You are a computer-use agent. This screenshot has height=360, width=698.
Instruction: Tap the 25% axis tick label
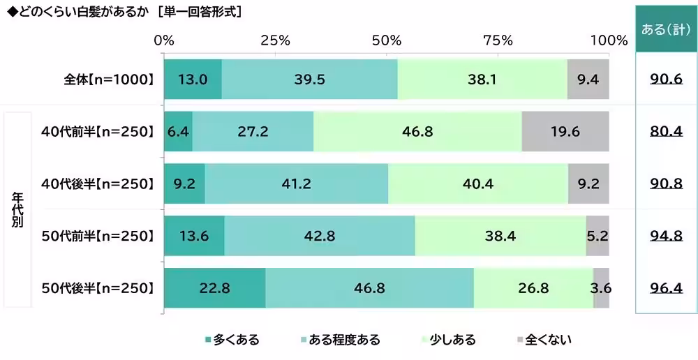[x=275, y=40]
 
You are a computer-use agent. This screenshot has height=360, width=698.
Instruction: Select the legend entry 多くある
[x=232, y=340]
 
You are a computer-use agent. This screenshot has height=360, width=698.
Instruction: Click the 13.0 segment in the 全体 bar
[x=193, y=80]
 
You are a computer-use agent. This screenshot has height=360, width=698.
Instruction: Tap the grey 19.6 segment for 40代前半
[x=565, y=132]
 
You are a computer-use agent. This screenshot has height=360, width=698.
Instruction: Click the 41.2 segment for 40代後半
[x=297, y=184]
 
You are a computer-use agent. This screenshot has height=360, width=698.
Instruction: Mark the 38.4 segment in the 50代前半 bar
[x=500, y=236]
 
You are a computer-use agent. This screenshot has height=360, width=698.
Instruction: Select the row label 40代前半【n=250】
[x=97, y=132]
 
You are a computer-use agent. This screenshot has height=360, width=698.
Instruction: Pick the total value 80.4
[x=666, y=132]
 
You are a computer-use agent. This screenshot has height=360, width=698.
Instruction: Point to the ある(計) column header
[x=666, y=29]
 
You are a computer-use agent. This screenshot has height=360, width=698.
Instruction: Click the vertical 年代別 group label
[x=17, y=210]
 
